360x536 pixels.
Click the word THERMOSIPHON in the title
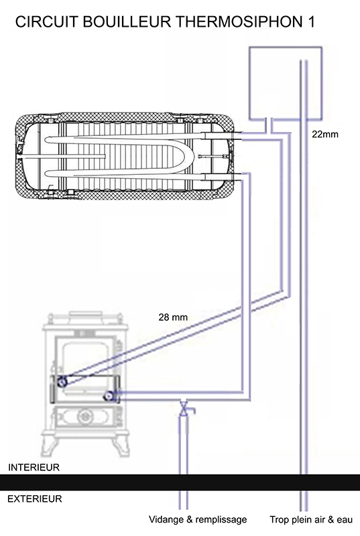(x=238, y=22)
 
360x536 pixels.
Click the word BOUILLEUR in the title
(x=126, y=22)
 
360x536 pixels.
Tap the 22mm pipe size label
(x=324, y=135)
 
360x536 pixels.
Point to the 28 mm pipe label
(x=173, y=317)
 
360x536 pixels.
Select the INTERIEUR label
(x=34, y=467)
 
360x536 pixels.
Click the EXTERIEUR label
(x=35, y=498)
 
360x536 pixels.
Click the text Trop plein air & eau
(x=311, y=520)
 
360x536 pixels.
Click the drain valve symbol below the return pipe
(x=184, y=409)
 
